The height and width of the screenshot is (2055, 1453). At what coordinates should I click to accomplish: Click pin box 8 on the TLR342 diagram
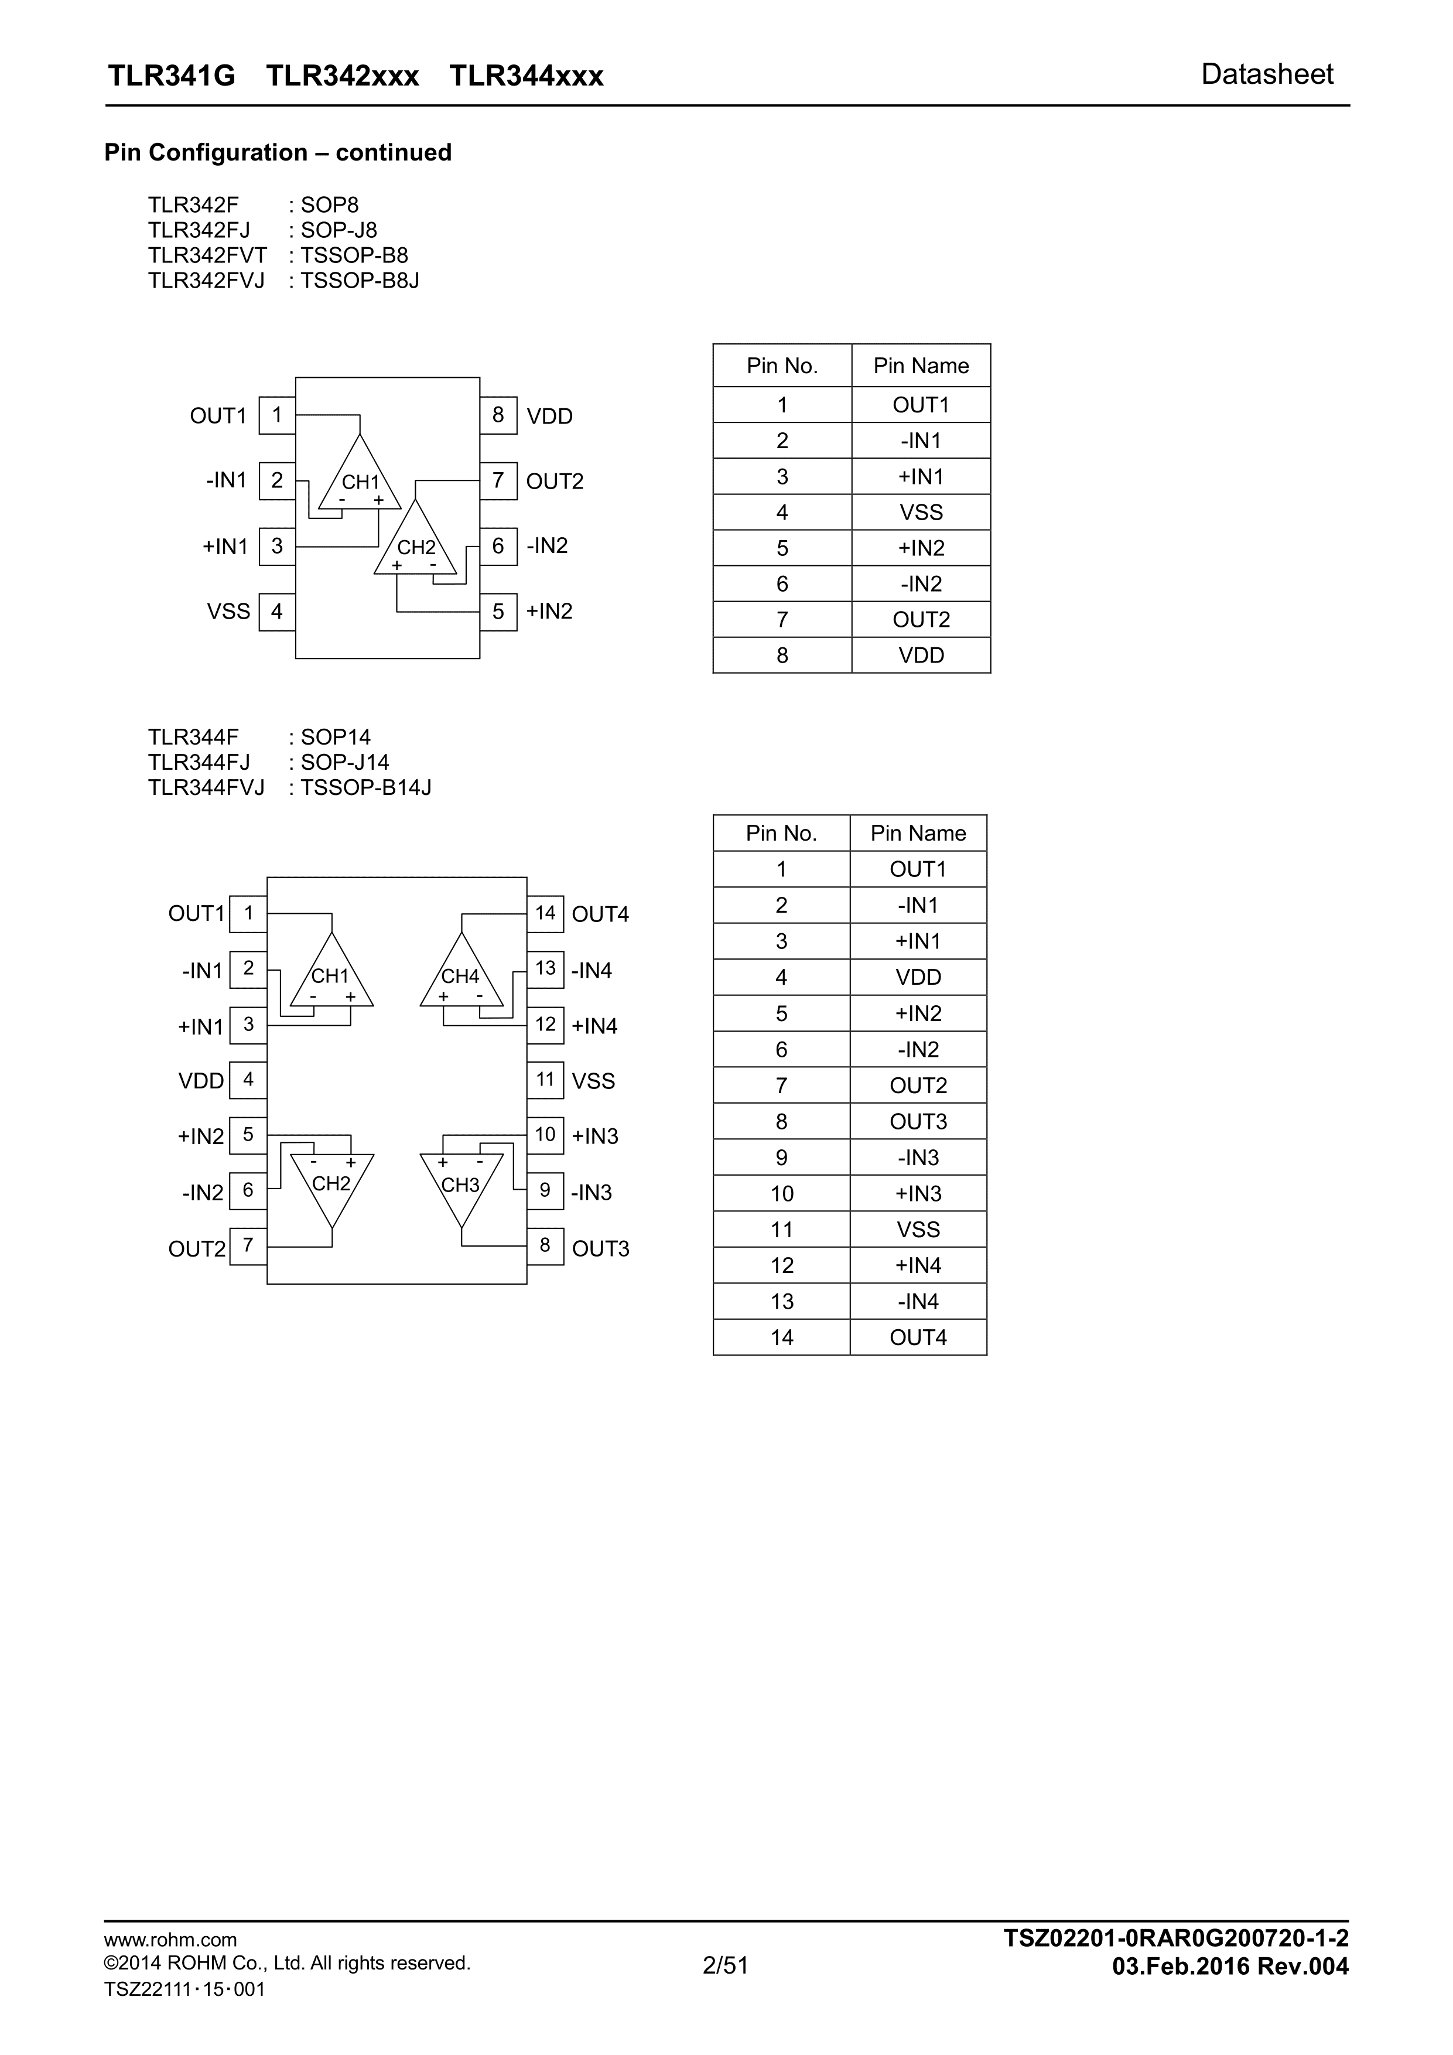(498, 415)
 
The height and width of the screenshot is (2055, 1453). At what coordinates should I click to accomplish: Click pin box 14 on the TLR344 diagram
(545, 913)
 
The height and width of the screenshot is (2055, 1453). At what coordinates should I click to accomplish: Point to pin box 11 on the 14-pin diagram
(545, 1080)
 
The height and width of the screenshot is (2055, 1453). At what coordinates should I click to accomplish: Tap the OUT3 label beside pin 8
(600, 1248)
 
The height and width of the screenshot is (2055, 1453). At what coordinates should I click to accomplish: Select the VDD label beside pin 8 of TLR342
(549, 416)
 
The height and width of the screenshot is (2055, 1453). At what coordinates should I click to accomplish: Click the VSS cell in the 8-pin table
(921, 512)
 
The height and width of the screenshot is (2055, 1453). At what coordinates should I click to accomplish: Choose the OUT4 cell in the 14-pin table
(918, 1337)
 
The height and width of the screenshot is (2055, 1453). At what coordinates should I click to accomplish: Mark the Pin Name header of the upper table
(921, 365)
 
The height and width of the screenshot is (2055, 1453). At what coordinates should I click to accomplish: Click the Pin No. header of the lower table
(781, 833)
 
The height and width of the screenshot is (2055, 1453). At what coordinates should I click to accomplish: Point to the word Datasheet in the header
(1267, 74)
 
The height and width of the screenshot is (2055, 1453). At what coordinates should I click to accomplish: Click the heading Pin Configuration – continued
(278, 152)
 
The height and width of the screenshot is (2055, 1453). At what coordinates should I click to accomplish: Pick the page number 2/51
(726, 1965)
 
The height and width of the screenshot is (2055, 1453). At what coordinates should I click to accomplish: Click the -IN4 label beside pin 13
(592, 970)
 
